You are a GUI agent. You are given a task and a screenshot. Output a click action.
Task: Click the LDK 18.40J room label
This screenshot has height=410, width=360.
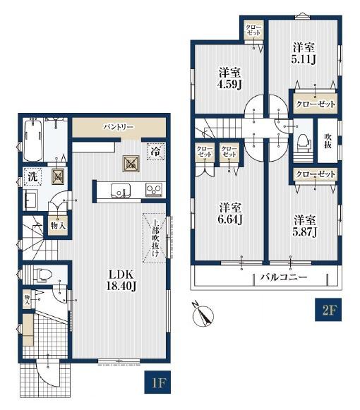click(121, 280)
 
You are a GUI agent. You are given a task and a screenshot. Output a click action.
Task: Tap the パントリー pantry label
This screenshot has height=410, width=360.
click(119, 127)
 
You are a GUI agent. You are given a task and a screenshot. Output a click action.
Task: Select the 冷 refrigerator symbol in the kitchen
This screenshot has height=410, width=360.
click(156, 152)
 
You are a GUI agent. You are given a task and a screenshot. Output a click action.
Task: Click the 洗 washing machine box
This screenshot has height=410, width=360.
click(32, 177)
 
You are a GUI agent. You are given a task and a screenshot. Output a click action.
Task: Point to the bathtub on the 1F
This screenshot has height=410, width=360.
click(33, 140)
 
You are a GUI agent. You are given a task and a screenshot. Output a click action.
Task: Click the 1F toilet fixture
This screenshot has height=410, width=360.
click(42, 275)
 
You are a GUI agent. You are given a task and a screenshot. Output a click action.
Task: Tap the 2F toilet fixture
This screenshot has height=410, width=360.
click(304, 143)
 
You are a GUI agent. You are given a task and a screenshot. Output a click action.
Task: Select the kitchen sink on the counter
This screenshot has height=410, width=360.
click(121, 191)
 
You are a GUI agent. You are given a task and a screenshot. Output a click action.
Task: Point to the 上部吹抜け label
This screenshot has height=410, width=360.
click(155, 239)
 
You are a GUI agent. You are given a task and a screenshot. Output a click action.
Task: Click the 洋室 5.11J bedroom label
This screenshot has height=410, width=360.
click(304, 54)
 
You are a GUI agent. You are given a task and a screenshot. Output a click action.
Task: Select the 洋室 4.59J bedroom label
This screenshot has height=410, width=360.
click(229, 78)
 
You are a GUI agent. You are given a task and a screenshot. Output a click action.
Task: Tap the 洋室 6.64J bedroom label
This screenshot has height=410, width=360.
click(230, 214)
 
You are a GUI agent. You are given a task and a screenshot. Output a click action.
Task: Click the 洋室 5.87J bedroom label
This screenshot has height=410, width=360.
click(305, 227)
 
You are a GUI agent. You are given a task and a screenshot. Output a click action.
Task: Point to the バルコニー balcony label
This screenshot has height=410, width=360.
click(283, 277)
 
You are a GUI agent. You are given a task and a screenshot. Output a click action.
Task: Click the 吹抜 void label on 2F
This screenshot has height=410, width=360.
click(328, 141)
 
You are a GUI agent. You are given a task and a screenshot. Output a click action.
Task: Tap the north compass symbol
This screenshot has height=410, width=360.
click(203, 315)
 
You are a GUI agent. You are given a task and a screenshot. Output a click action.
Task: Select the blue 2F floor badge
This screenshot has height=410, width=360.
click(328, 310)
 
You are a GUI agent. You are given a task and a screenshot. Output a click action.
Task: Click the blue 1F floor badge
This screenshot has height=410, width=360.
click(157, 382)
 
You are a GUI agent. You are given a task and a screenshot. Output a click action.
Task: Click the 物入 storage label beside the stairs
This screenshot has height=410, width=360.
click(58, 225)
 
